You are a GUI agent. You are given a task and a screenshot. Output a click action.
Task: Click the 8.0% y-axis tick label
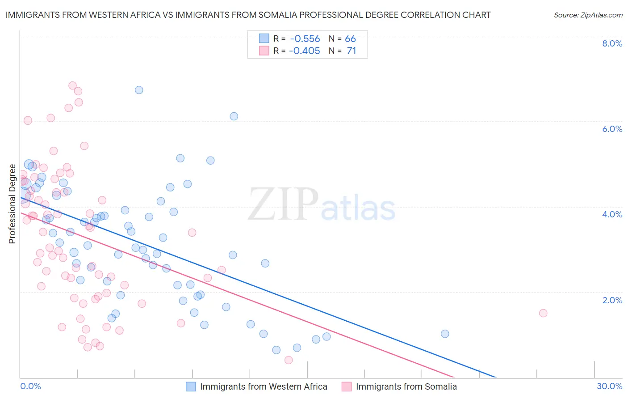(x=612, y=43)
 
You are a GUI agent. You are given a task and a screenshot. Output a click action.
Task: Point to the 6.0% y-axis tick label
(x=612, y=129)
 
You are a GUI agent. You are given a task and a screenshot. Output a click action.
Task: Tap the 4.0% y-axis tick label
(x=612, y=214)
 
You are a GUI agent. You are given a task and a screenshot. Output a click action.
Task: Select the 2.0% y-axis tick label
(x=612, y=300)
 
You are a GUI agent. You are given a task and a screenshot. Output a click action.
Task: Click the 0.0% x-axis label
(x=30, y=386)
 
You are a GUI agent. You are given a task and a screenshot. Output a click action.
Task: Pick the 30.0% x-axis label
(x=609, y=386)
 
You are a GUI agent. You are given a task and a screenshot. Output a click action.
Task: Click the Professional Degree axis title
(x=12, y=204)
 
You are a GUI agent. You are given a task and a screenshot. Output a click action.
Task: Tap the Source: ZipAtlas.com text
(x=588, y=15)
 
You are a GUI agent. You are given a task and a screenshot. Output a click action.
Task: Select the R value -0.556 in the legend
(x=305, y=39)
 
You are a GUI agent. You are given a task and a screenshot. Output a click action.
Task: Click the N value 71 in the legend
(x=352, y=51)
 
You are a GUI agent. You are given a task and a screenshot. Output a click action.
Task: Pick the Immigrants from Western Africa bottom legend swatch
(x=191, y=386)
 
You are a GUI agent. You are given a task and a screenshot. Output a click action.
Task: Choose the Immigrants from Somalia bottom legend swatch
(x=347, y=386)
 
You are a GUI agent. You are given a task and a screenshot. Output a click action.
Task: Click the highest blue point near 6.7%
(x=139, y=90)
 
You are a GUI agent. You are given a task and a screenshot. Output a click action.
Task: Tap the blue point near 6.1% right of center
(x=234, y=116)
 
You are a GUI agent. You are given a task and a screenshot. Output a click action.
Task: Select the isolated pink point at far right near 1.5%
(x=543, y=313)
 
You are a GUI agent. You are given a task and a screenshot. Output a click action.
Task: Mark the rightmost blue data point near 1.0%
(x=445, y=334)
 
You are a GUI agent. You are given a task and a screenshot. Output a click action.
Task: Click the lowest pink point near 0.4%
(x=289, y=360)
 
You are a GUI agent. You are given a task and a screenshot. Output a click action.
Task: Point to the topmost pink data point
(x=72, y=85)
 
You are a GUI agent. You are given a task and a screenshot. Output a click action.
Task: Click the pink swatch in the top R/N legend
(x=264, y=51)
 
